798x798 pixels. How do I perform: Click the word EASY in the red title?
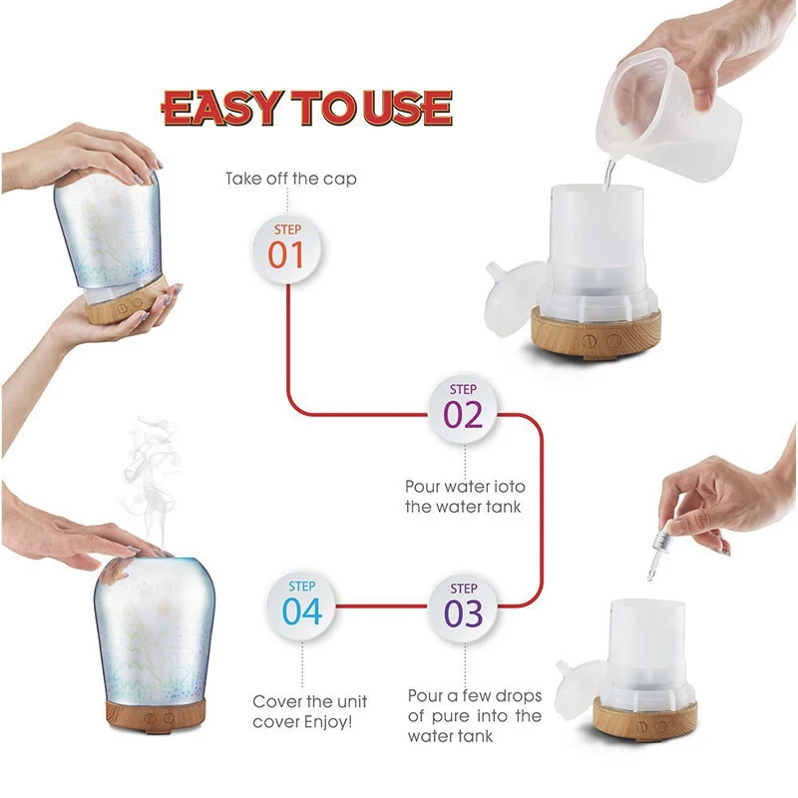221,108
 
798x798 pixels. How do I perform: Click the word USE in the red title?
408,108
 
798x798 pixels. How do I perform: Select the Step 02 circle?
463,411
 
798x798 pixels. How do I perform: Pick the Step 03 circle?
463,608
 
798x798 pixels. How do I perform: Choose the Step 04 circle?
301,607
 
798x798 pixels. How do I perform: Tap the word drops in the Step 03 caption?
518,696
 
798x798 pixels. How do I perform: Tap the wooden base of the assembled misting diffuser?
156,715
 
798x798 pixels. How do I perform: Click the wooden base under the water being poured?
596,332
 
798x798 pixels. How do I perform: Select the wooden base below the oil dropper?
645,718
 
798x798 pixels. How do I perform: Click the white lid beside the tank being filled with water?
513,297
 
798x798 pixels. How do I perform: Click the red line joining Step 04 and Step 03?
382,606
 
